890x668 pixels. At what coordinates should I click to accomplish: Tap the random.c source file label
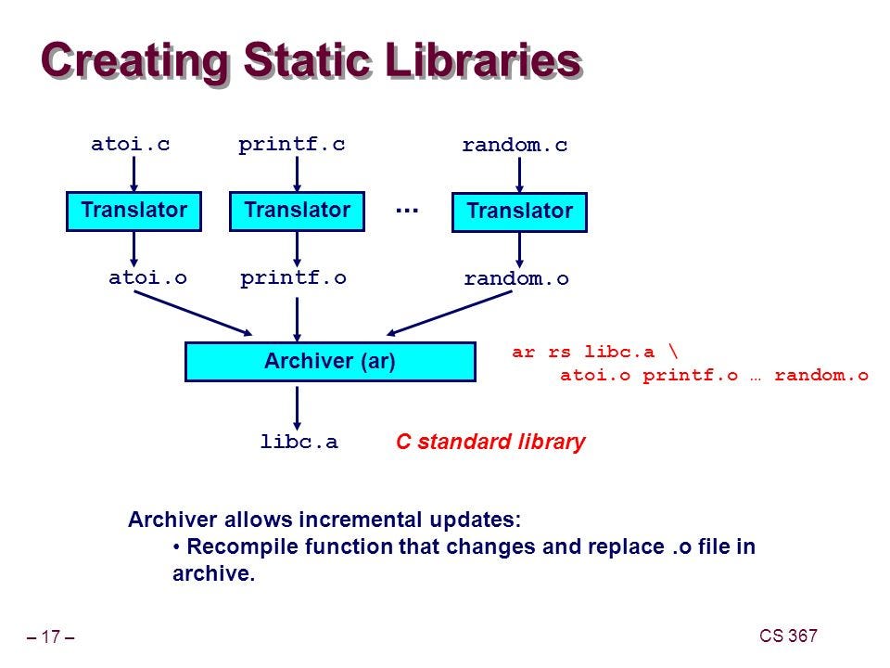coord(515,145)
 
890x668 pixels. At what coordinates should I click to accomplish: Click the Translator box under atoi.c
coord(134,211)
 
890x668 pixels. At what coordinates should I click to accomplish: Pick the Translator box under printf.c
coord(297,211)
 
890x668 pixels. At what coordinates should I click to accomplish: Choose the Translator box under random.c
coord(519,212)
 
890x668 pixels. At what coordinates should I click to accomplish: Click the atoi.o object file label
coord(147,276)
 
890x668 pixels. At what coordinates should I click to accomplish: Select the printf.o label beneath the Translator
coord(293,276)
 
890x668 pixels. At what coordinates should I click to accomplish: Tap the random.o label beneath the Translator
coord(516,278)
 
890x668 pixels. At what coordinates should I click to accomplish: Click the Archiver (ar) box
coord(330,362)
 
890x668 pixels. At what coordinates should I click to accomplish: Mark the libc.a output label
coord(299,443)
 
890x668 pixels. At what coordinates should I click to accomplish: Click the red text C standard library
coord(490,443)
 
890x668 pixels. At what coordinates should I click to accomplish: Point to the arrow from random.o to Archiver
coord(451,313)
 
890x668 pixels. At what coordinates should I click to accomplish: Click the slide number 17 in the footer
coord(51,637)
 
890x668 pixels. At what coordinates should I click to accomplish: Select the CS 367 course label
coord(788,636)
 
